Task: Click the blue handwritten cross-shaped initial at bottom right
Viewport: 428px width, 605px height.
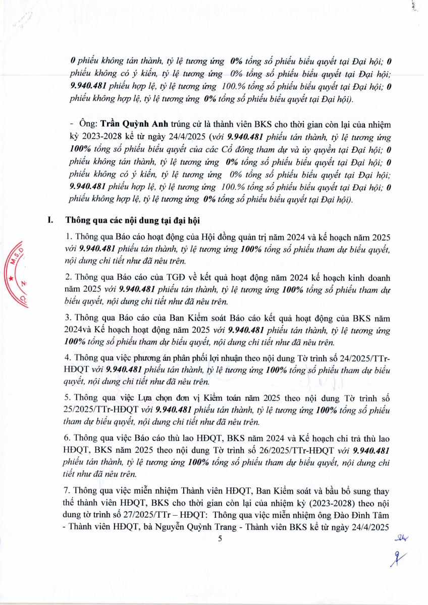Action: [402, 559]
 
